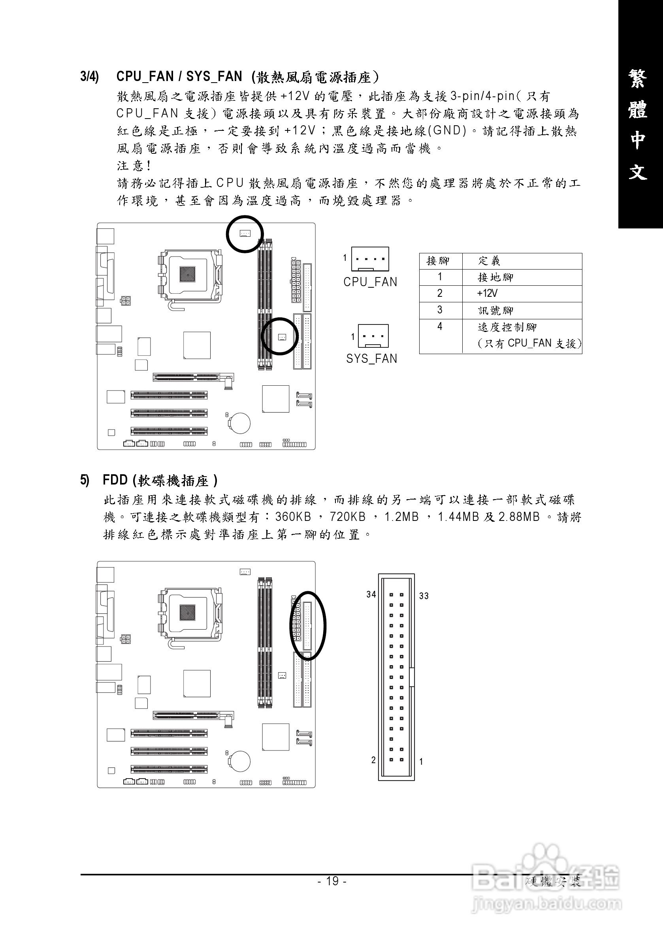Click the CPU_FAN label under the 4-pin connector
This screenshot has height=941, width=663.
(x=370, y=282)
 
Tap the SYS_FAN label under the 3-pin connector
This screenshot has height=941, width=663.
(x=371, y=358)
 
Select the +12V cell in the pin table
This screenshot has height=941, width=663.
(x=487, y=294)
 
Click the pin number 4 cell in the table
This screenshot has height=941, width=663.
(x=440, y=327)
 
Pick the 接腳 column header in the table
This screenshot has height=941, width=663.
(x=438, y=261)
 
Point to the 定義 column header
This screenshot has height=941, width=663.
(x=489, y=261)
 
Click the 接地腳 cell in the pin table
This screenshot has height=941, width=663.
(x=495, y=277)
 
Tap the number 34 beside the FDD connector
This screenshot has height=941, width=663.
(x=371, y=594)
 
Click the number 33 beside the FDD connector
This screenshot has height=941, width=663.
(x=424, y=596)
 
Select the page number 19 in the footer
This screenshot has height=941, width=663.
(x=332, y=881)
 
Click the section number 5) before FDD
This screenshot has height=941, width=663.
(x=85, y=480)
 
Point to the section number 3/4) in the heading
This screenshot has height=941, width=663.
(x=89, y=77)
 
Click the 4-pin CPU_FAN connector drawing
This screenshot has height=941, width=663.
(x=370, y=258)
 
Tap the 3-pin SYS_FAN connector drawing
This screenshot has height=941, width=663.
(x=373, y=336)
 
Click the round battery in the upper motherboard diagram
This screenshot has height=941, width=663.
(x=239, y=422)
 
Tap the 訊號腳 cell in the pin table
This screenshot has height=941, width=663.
(x=495, y=311)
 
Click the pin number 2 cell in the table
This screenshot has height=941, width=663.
(x=440, y=294)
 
